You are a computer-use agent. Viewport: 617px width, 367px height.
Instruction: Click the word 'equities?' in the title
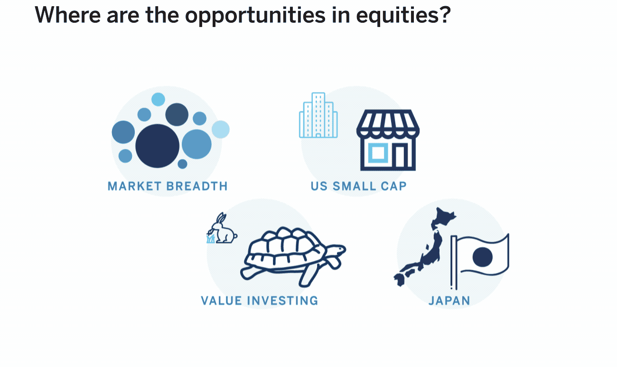(403, 16)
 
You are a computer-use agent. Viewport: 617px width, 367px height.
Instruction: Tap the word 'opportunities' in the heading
(255, 16)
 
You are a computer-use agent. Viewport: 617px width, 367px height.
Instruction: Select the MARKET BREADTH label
(168, 186)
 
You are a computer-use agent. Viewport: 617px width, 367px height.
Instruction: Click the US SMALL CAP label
(359, 186)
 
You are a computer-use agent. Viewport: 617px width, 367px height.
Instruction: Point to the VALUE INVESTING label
(260, 301)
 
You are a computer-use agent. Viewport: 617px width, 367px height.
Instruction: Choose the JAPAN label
(449, 301)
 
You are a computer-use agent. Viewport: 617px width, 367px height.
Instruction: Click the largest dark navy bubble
(157, 146)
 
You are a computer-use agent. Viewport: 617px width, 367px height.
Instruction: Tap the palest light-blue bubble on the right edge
(221, 129)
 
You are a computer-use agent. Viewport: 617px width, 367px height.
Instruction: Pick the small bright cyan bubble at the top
(158, 99)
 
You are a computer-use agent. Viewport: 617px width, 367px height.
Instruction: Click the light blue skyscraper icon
(318, 115)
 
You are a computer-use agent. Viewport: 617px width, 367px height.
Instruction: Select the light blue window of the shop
(378, 153)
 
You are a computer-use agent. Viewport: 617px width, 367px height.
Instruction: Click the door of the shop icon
(400, 157)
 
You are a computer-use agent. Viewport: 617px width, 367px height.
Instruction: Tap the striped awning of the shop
(388, 123)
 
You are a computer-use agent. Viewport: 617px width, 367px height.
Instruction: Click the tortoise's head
(337, 249)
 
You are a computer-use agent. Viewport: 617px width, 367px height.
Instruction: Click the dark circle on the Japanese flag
(483, 257)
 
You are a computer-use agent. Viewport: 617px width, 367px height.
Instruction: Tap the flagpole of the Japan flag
(454, 263)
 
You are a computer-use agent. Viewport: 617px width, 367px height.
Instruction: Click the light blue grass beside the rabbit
(211, 239)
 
